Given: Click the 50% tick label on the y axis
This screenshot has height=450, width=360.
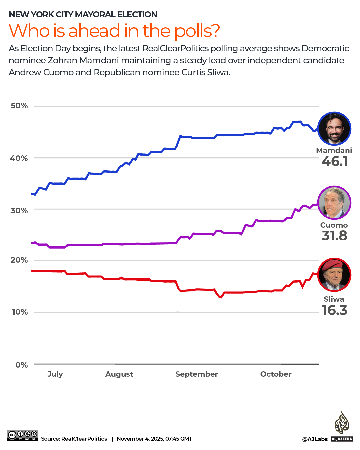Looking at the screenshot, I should click(x=19, y=106).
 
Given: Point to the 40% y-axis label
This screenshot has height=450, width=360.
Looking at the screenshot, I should click(x=19, y=158).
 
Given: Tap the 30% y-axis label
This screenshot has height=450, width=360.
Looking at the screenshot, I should click(x=19, y=210).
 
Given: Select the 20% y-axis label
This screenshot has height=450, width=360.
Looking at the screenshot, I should click(x=19, y=260).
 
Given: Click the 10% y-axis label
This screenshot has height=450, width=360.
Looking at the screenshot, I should click(x=20, y=312).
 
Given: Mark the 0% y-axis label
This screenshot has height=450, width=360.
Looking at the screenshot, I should click(x=22, y=365).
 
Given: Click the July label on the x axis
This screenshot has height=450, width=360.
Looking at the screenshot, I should click(x=55, y=374).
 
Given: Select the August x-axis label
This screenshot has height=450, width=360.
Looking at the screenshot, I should click(x=119, y=374).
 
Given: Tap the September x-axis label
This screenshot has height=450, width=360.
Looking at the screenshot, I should click(x=196, y=374).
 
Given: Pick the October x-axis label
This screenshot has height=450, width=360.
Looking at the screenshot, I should click(x=276, y=374).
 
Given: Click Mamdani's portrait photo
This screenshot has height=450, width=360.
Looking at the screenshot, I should click(x=334, y=128).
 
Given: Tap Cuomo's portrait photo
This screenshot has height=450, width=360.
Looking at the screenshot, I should click(x=334, y=202).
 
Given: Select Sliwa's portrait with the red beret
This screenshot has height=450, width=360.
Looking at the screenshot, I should click(x=334, y=275).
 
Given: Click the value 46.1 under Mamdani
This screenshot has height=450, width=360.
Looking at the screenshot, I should click(x=335, y=161).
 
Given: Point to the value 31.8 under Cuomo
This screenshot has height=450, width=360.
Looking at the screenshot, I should click(x=335, y=236).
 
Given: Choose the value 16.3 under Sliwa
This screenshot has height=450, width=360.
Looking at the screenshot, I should click(x=335, y=310).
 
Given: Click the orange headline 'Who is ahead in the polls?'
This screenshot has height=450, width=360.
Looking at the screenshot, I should click(x=114, y=31).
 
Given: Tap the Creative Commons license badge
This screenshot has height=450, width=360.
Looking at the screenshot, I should click(x=22, y=435).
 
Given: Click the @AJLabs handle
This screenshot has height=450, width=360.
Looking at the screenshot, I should click(x=315, y=439).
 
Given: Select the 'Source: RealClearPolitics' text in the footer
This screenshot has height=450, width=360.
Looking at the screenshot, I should click(x=74, y=439).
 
